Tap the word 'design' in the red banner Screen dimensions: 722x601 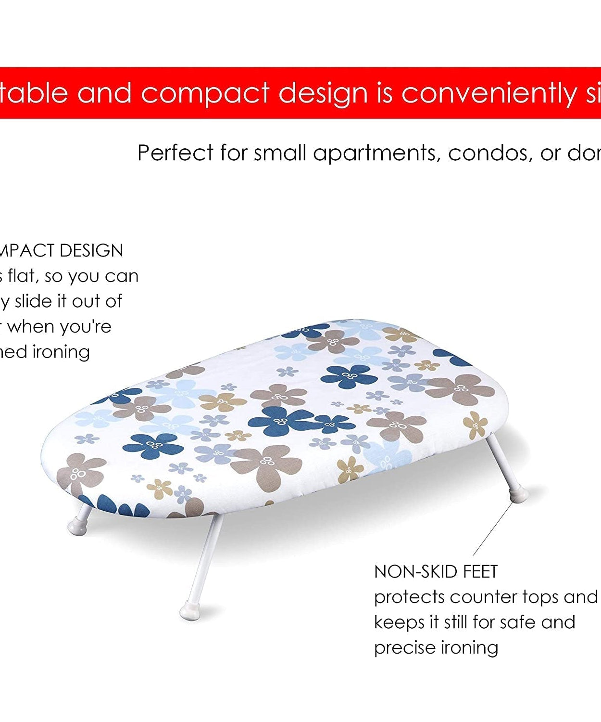(x=323, y=93)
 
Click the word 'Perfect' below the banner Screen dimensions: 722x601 (x=175, y=153)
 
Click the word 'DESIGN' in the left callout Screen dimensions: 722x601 (x=91, y=250)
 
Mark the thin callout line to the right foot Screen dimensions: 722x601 (x=493, y=529)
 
